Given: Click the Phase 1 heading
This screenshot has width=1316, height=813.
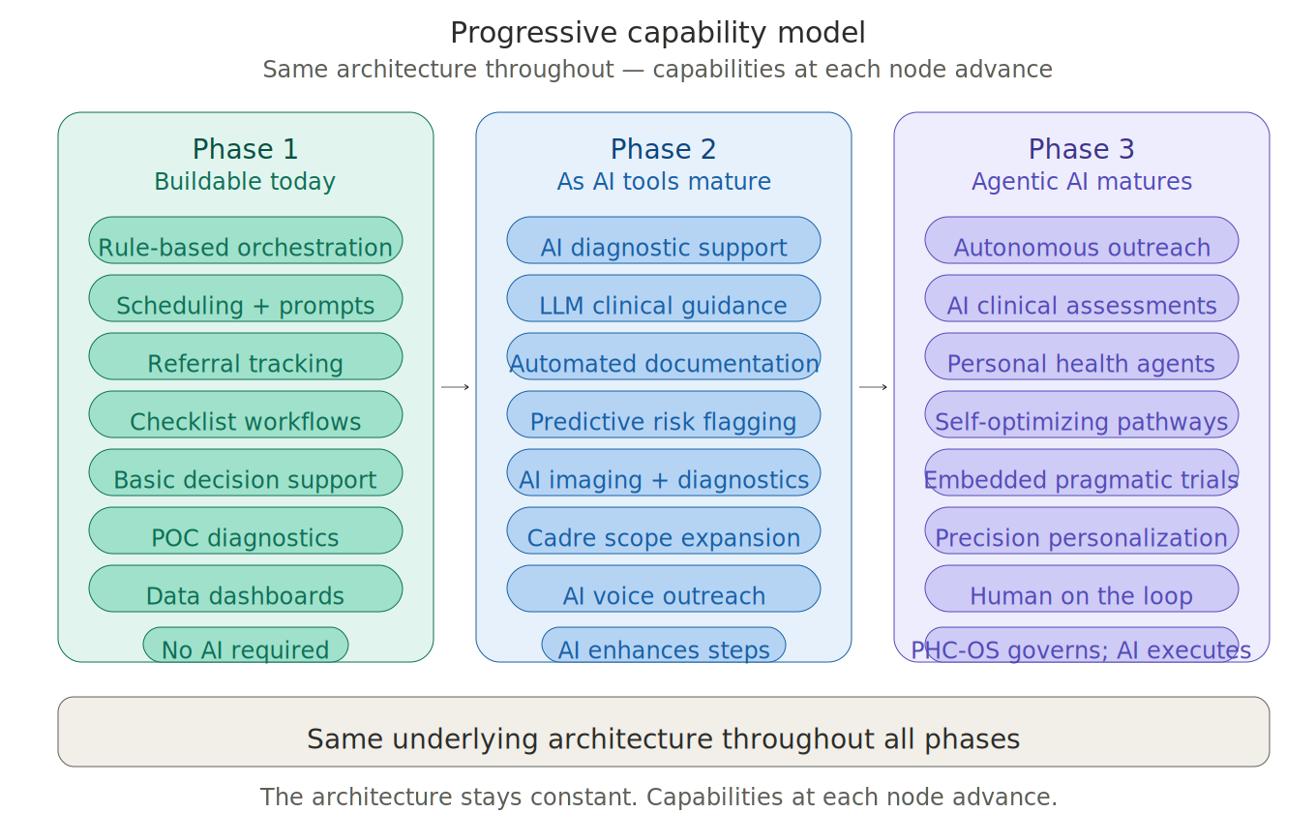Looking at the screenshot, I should pyautogui.click(x=245, y=149).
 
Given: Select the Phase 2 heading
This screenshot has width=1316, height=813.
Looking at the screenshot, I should pyautogui.click(x=663, y=149).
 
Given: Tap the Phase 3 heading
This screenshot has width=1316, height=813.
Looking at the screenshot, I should pyautogui.click(x=1081, y=149).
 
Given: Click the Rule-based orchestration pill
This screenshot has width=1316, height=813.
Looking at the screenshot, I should pyautogui.click(x=245, y=241).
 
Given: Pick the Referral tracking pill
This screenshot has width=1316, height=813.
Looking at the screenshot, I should pyautogui.click(x=245, y=357).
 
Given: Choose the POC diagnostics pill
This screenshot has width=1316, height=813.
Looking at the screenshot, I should pyautogui.click(x=245, y=531).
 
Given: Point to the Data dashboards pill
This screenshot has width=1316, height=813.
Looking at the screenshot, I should pyautogui.click(x=245, y=589).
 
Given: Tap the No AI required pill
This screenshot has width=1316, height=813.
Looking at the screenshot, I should pyautogui.click(x=245, y=646).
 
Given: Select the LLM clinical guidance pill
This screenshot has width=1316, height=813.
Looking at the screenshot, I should pyautogui.click(x=663, y=299).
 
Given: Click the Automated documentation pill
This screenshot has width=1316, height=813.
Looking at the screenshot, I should pyautogui.click(x=663, y=357).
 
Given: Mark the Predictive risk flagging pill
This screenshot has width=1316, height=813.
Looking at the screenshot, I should pyautogui.click(x=663, y=415).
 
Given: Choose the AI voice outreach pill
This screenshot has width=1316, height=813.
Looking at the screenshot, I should pyautogui.click(x=663, y=589).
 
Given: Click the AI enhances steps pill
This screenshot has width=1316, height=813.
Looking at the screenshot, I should pyautogui.click(x=663, y=646).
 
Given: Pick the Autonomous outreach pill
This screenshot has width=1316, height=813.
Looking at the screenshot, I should pyautogui.click(x=1081, y=241).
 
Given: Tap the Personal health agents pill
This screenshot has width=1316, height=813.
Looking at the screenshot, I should pyautogui.click(x=1081, y=357).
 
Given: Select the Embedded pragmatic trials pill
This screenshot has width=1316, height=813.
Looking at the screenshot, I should pyautogui.click(x=1081, y=473).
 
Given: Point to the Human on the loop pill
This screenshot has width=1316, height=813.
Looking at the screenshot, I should pyautogui.click(x=1081, y=589).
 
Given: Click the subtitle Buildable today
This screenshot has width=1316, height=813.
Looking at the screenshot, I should pyautogui.click(x=245, y=182).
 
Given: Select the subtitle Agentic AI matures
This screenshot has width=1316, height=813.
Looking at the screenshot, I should pyautogui.click(x=1081, y=182).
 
